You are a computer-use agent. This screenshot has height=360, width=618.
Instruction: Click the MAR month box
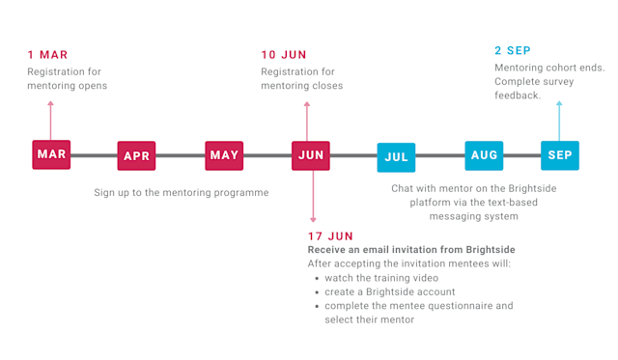coord(51,154)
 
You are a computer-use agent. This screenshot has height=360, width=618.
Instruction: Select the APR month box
coord(136,155)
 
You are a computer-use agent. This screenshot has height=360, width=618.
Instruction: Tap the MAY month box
coord(224,155)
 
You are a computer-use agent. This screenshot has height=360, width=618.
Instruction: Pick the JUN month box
coord(311,155)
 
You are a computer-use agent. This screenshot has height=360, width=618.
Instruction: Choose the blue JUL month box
coord(396,156)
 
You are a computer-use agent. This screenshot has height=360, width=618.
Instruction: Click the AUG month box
coord(484,155)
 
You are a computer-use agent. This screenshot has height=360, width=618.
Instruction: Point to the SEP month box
coord(559,155)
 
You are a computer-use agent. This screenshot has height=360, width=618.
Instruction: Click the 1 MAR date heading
coord(47,54)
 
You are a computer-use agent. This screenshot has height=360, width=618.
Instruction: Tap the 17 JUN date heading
coord(329,235)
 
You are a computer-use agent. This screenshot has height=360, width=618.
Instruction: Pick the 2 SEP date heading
coord(512,50)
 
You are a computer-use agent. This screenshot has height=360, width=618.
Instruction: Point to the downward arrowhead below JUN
coord(311,220)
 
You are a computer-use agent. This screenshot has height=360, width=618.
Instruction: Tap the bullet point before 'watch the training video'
coord(317,278)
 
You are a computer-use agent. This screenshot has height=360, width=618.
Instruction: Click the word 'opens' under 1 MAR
coord(93,86)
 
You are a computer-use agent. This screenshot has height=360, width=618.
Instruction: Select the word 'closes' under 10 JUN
coord(326,86)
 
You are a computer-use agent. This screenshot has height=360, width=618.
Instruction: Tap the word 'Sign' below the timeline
coord(104,193)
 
